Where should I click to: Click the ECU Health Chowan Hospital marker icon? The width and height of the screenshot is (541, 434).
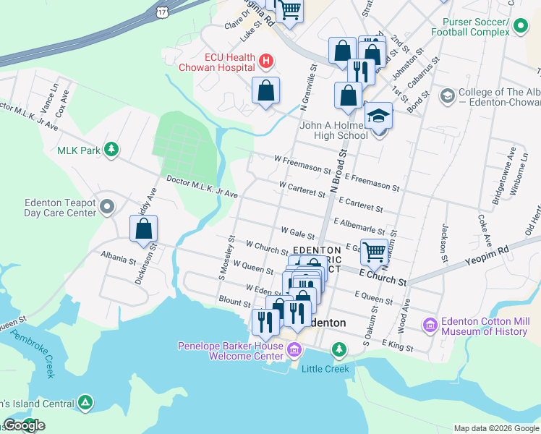265,61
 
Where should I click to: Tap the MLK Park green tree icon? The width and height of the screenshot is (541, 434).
111,150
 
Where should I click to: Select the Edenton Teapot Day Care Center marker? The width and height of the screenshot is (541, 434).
107,208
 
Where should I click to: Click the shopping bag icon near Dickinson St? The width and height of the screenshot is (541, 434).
144,229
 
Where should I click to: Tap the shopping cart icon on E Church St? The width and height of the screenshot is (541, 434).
375,252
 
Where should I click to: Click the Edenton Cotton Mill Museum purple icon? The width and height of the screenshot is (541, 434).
430,325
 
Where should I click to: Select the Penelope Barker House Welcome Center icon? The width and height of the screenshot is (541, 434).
293,351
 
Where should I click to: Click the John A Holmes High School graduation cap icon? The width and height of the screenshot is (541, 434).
376,116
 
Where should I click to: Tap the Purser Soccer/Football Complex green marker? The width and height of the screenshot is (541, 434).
520,27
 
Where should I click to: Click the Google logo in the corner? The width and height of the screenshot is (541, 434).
24,425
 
